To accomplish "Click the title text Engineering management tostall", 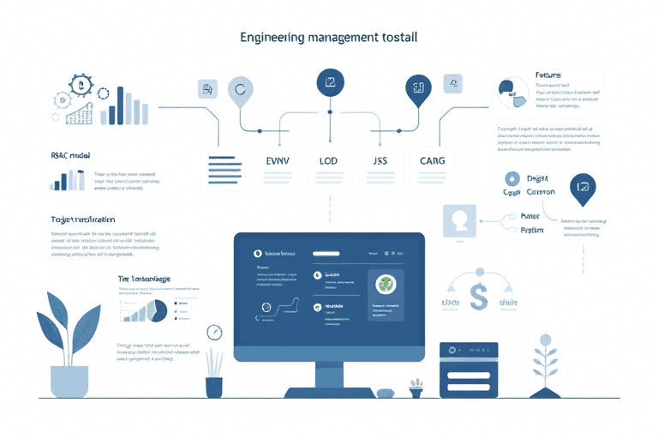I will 329,39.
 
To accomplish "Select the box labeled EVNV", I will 280,161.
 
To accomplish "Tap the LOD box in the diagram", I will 329,161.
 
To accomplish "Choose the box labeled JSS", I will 380,161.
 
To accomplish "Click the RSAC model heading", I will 70,156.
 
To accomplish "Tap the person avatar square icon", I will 458,220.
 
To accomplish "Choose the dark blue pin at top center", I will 330,84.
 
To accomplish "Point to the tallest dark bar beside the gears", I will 120,105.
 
